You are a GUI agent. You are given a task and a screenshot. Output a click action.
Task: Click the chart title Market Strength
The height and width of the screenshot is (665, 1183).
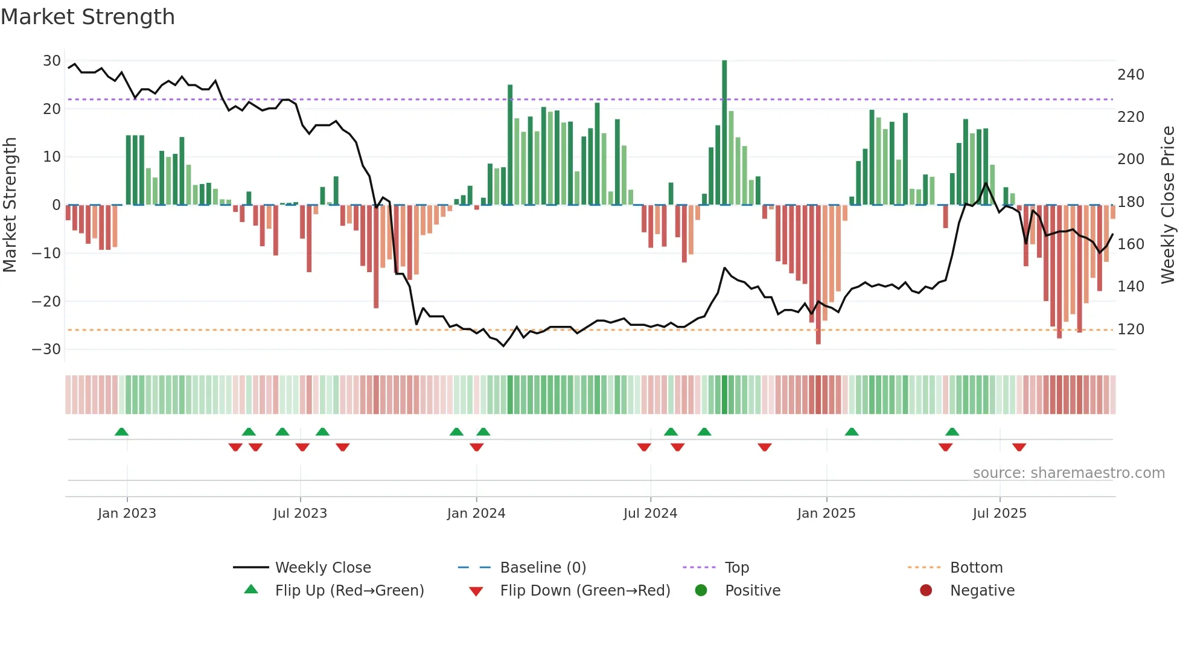[x=88, y=17]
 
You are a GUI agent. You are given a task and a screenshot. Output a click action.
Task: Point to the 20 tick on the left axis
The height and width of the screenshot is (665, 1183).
[x=52, y=109]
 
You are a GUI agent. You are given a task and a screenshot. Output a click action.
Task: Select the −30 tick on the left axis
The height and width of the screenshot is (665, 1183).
[x=46, y=349]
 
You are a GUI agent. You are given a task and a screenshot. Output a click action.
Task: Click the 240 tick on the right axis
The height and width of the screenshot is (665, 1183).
[x=1130, y=75]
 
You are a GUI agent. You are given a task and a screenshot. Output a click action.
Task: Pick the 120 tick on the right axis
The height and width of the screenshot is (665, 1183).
[x=1130, y=329]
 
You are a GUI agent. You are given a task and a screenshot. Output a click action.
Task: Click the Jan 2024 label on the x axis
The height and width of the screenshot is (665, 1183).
[x=476, y=514]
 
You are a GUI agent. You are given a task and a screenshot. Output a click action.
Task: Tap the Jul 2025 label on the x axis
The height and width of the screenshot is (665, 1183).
[x=1000, y=514]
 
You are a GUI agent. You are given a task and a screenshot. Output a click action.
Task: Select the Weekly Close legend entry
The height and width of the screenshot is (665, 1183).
[x=323, y=568]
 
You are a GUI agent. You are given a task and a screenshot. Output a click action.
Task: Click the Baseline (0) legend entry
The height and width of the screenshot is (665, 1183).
[x=543, y=568]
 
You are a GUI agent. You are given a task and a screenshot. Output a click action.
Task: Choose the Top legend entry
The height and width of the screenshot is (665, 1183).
[x=736, y=568]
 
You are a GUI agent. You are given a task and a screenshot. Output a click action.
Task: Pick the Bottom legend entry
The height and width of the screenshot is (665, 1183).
[x=976, y=568]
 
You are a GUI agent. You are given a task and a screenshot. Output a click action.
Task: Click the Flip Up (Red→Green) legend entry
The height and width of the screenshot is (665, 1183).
[x=349, y=591]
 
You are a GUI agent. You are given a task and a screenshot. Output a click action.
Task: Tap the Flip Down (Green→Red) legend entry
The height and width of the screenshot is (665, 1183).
[x=585, y=591]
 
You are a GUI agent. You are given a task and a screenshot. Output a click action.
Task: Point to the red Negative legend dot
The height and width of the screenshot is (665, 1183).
[x=926, y=591]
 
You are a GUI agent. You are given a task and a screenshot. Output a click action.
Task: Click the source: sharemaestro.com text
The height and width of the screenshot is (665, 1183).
[x=1068, y=473]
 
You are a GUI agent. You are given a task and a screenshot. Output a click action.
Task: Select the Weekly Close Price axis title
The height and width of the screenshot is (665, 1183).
[x=1169, y=205]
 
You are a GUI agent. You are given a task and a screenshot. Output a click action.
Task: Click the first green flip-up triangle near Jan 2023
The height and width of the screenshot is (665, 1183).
[x=121, y=432]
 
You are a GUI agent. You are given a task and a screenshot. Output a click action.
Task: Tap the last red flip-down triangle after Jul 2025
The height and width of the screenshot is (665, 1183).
[x=1019, y=447]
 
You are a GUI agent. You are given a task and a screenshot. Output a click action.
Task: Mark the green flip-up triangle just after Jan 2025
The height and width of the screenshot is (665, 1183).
[x=852, y=432]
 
